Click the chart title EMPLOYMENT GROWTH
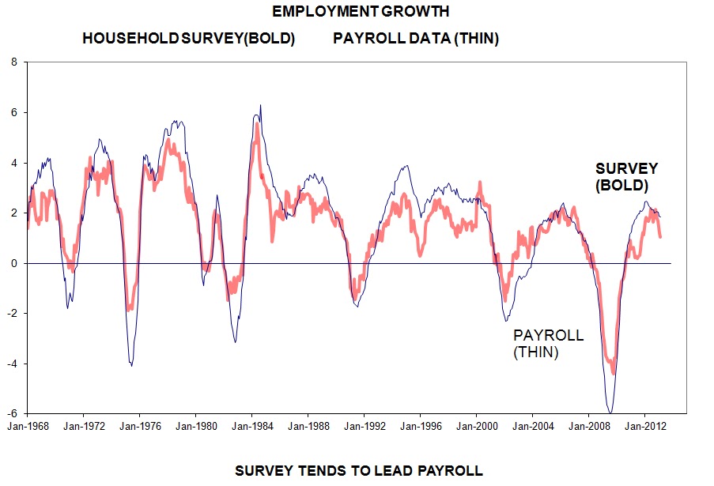360,12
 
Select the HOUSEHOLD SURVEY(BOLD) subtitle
188,39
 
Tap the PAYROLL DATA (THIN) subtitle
416,39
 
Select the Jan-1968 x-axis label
28,425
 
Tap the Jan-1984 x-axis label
251,425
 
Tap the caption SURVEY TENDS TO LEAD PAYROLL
359,471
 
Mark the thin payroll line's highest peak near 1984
260,105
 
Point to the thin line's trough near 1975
130,365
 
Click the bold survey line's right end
660,236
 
